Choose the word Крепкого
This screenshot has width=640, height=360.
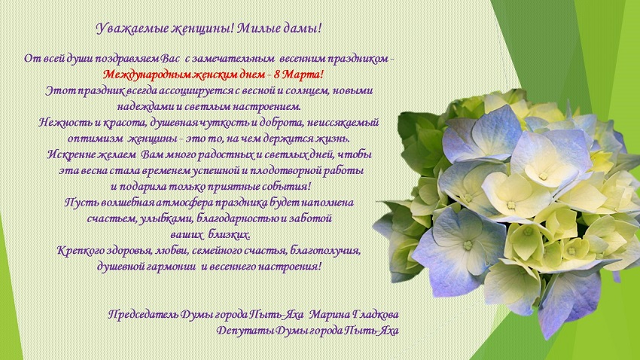[x=81, y=251]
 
